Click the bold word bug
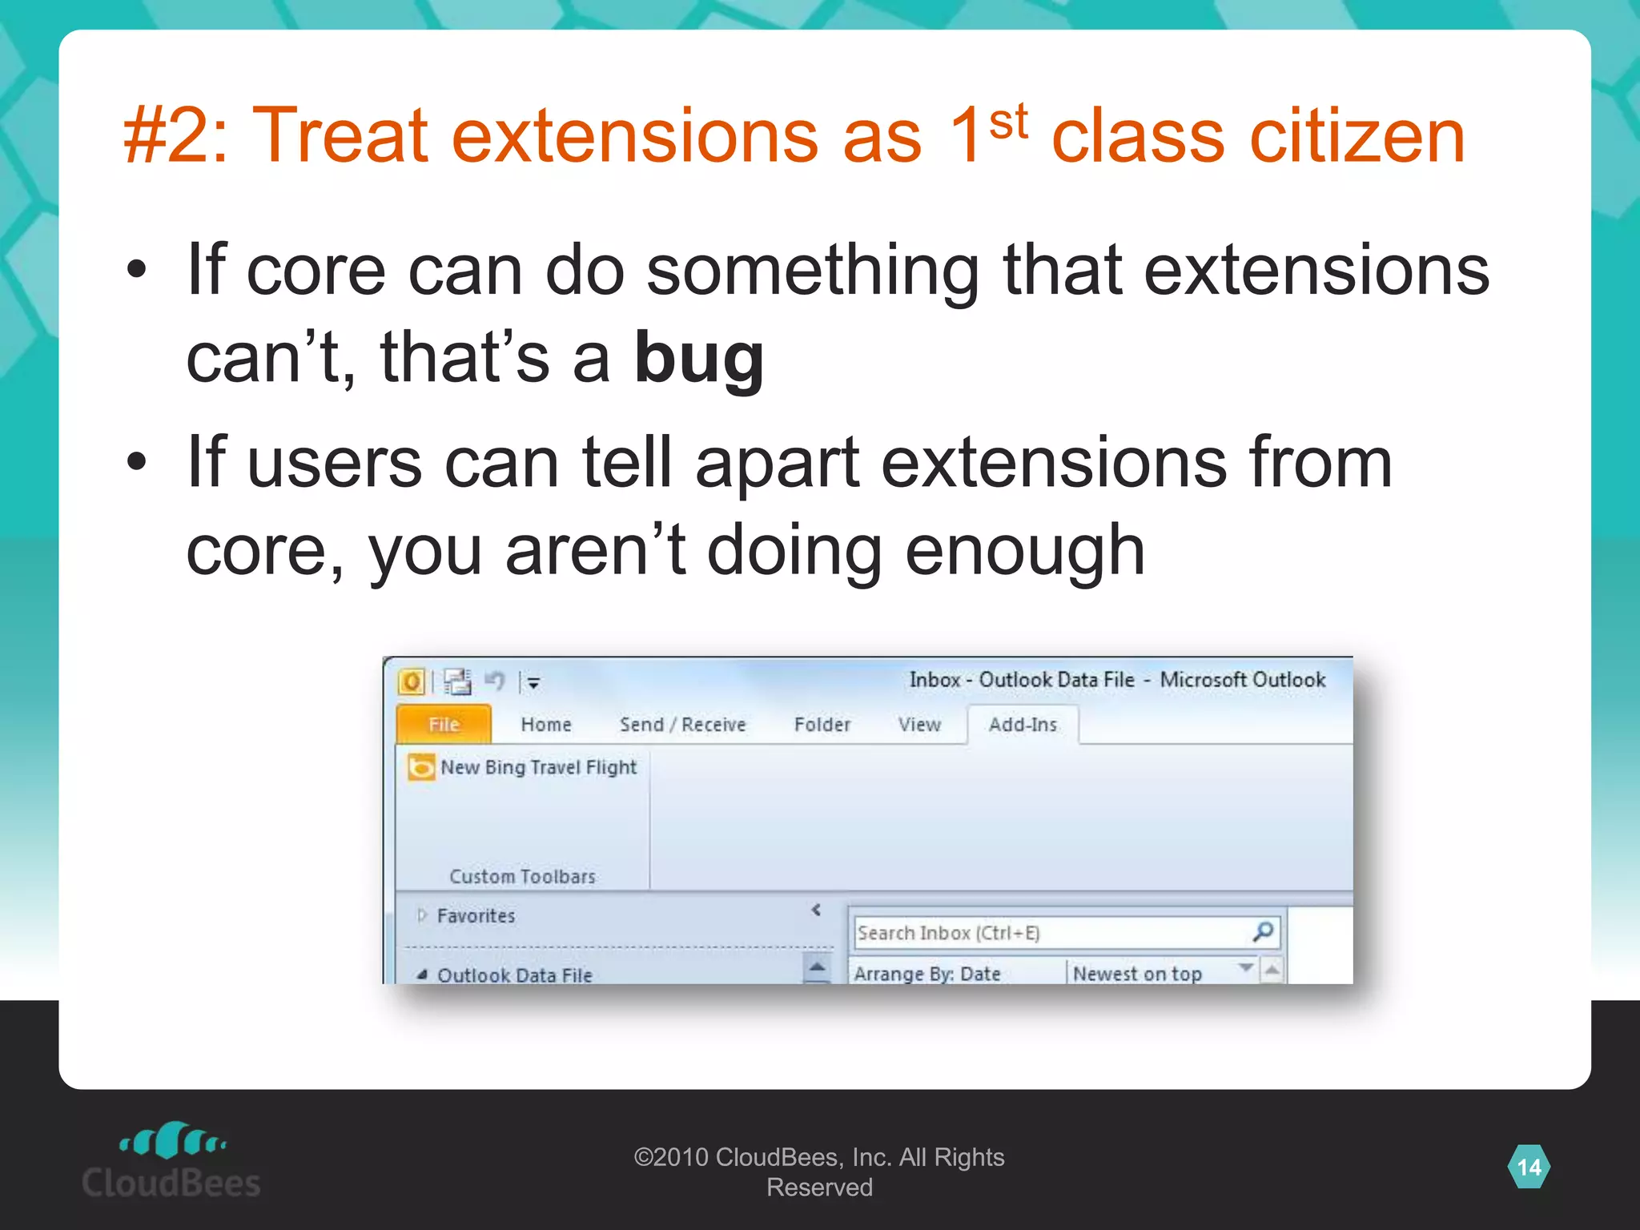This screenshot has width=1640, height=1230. pos(699,358)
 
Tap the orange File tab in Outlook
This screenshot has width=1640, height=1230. pos(444,725)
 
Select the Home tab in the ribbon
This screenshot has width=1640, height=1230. pos(546,725)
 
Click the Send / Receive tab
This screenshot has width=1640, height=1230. pos(682,725)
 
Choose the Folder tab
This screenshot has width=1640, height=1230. pos(822,725)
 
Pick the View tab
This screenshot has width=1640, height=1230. pos(918,725)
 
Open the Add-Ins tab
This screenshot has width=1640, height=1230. pos(1023,725)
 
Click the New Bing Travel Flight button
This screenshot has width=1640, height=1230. pos(524,767)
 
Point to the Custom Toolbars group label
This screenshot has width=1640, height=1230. pos(522,876)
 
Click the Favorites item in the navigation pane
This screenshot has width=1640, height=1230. pos(476,915)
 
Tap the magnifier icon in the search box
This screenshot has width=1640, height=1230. pos(1263,931)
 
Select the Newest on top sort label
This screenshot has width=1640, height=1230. pos(1137,973)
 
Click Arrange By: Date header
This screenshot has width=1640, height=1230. pos(927,973)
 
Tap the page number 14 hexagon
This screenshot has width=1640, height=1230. pos(1529,1167)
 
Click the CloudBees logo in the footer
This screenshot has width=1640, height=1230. pos(171,1161)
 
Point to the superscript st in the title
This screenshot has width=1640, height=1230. pos(1008,123)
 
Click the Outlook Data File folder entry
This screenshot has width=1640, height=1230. pos(514,975)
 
